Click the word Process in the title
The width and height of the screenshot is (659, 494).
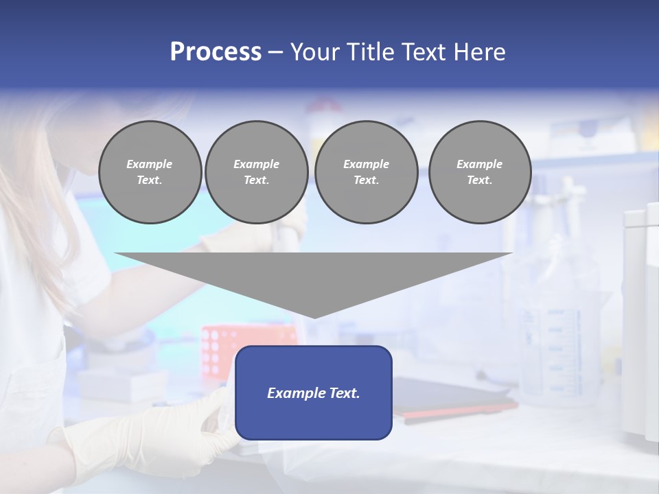(x=216, y=52)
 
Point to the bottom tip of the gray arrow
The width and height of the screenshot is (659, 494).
(x=314, y=317)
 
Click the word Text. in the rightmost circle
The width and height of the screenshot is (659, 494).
(x=480, y=180)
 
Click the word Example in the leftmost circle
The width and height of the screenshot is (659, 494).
(x=150, y=164)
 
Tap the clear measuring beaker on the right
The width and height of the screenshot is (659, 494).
(x=549, y=329)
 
